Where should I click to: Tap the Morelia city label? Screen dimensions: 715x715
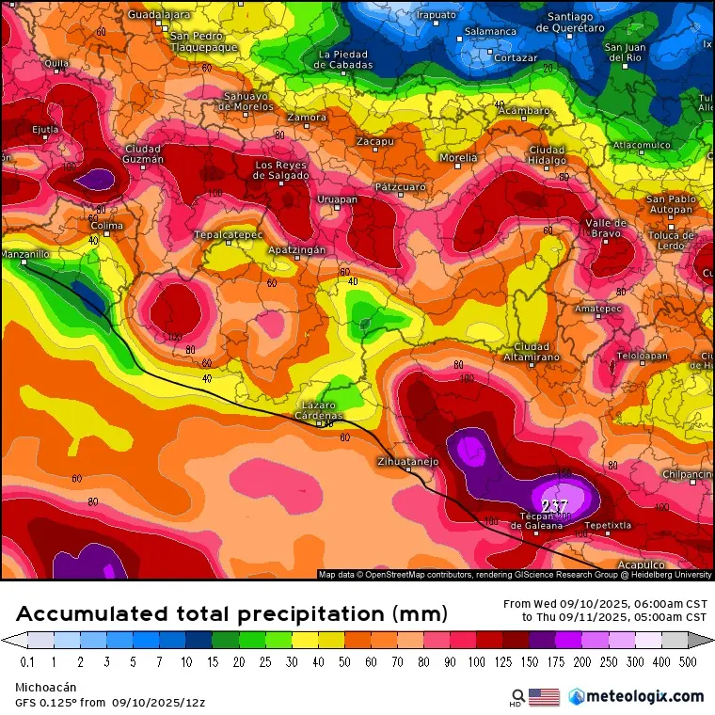coord(458,158)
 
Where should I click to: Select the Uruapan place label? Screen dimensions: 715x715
coord(337,199)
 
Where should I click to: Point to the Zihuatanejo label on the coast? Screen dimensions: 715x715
coord(407,462)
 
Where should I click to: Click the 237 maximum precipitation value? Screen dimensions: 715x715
coord(555,505)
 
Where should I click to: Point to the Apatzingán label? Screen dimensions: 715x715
coord(297,250)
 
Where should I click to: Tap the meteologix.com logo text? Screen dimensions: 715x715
coord(645,696)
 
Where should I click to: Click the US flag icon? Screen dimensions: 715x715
coord(544,696)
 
